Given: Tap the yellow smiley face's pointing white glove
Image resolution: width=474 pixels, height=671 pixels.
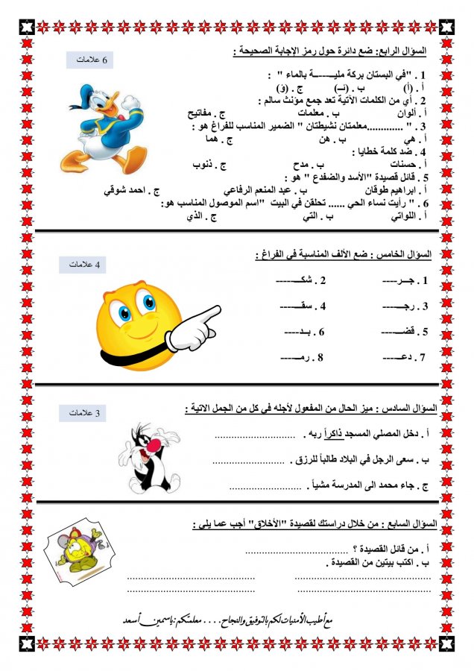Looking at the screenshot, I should coord(195,328).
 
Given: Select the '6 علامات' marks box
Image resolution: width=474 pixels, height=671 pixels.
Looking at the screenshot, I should coord(89,60).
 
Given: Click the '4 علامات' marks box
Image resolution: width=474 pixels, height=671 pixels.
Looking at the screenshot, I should coord(89,264).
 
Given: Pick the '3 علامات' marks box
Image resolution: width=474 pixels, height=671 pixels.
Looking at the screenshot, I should coord(89,412).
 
